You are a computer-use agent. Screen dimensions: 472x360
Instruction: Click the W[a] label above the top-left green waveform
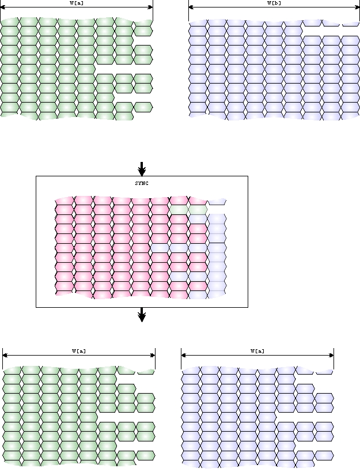click(x=74, y=3)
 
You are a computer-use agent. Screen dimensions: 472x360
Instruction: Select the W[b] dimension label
click(x=274, y=3)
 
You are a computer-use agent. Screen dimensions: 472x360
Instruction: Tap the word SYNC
click(x=141, y=183)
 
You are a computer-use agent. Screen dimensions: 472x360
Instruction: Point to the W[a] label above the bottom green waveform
click(x=79, y=350)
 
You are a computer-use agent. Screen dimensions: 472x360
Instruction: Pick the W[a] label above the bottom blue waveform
click(x=257, y=350)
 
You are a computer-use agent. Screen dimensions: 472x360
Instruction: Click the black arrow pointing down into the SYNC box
click(x=142, y=169)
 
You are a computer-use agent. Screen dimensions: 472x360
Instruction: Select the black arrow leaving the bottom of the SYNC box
click(x=142, y=315)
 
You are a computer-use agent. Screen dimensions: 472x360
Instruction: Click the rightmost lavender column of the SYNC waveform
click(x=217, y=254)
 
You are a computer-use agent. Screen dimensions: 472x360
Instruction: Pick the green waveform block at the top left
click(x=58, y=69)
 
